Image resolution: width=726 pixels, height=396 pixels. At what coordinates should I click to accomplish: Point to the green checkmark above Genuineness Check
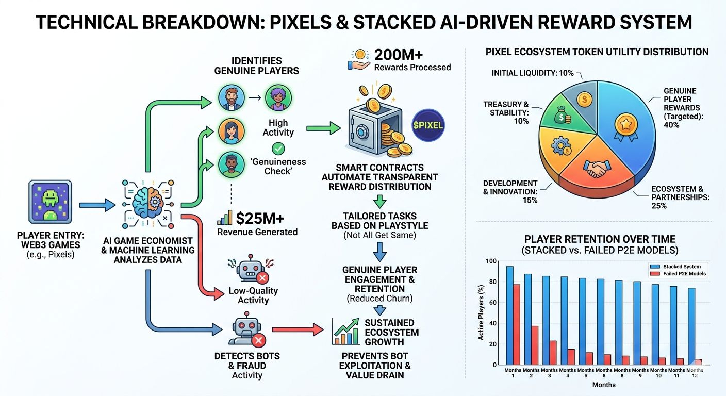click(x=278, y=149)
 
